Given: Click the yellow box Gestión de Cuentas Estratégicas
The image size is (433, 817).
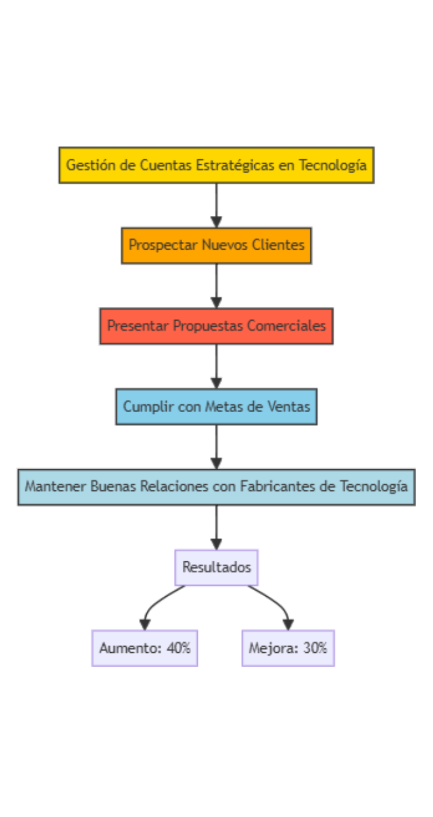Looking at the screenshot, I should click(216, 165).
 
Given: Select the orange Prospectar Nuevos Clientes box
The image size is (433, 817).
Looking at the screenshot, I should click(216, 245).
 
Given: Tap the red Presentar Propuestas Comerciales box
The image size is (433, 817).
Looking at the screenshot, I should click(216, 325).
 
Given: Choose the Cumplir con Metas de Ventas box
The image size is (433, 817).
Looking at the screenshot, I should click(216, 406).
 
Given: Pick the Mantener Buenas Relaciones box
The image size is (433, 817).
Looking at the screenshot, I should click(216, 486).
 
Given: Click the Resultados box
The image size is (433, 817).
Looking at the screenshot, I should click(216, 567).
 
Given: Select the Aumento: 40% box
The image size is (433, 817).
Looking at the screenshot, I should click(144, 648).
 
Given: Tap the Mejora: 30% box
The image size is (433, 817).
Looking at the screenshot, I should click(288, 648).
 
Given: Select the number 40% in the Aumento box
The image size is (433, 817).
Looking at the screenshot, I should click(179, 648).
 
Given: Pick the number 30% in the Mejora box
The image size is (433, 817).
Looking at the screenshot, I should click(315, 648).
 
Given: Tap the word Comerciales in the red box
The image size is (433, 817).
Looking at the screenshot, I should click(295, 325).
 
